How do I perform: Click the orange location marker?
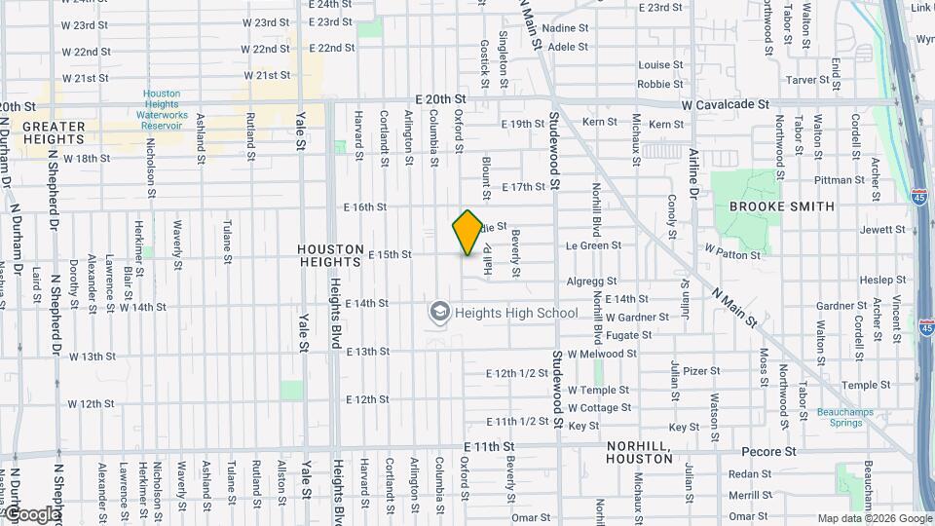coord(467,233)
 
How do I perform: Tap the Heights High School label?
coord(515,313)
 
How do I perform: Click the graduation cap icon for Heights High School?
coord(439,313)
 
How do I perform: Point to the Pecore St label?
coord(768,452)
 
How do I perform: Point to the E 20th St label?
coord(440,99)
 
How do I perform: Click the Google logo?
coord(31,514)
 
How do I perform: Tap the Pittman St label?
coord(840,180)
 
